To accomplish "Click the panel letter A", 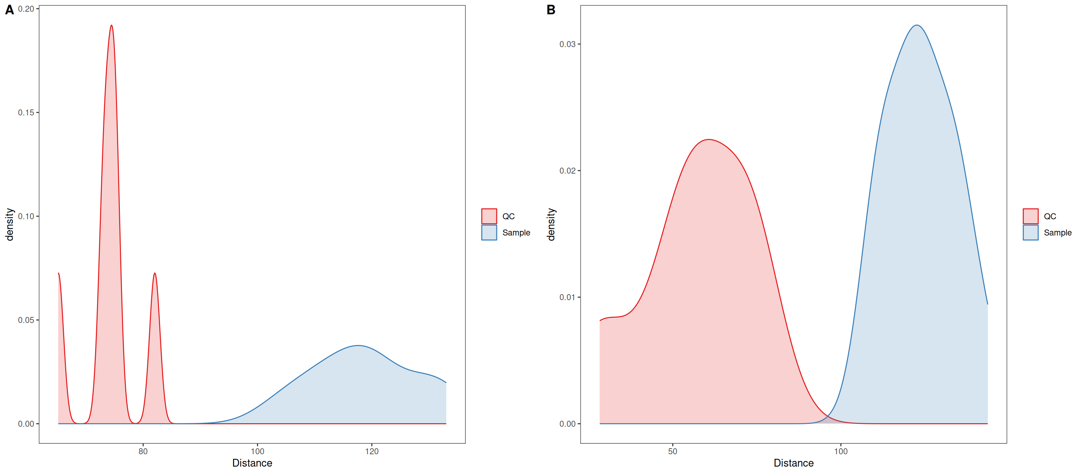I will [x=9, y=10].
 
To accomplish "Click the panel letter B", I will [x=551, y=10].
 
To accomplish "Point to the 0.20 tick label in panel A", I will [x=26, y=9].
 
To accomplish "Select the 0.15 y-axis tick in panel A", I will [x=26, y=113].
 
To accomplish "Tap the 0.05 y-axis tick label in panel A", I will [x=26, y=320].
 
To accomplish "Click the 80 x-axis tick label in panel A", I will [x=143, y=451].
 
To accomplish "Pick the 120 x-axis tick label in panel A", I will [x=372, y=451].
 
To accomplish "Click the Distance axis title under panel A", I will [x=252, y=463].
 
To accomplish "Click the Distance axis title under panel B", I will [x=794, y=463].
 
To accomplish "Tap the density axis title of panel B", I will [x=551, y=224].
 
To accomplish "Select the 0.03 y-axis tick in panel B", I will [x=568, y=44].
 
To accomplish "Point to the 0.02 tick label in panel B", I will [x=568, y=171].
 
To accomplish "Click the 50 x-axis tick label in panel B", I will [x=673, y=451].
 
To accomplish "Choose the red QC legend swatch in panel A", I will [x=489, y=216].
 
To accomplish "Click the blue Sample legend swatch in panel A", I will [x=489, y=232].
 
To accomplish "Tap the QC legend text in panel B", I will [x=1050, y=216].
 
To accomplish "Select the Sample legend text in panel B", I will [x=1057, y=232].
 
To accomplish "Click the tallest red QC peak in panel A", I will [x=111, y=25].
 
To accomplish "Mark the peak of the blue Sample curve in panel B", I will [x=917, y=25].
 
